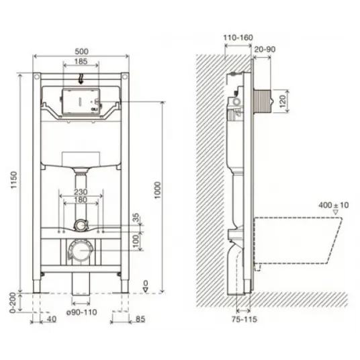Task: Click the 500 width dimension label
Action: (81, 51)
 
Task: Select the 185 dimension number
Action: (81, 61)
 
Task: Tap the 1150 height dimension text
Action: (14, 180)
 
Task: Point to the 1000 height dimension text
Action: (157, 190)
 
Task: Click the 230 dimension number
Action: (81, 192)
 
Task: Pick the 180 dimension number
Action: (81, 199)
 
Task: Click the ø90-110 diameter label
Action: (82, 312)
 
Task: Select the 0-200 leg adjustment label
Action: (13, 303)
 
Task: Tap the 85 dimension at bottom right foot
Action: (140, 319)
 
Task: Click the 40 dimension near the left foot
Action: (52, 319)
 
